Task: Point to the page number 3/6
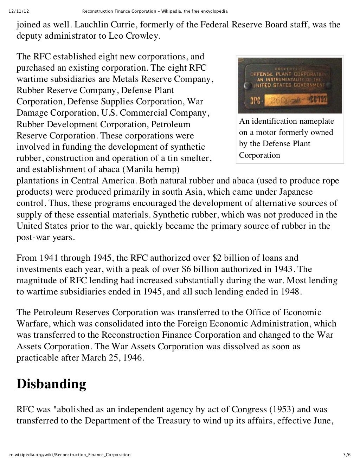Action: coord(347,454)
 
